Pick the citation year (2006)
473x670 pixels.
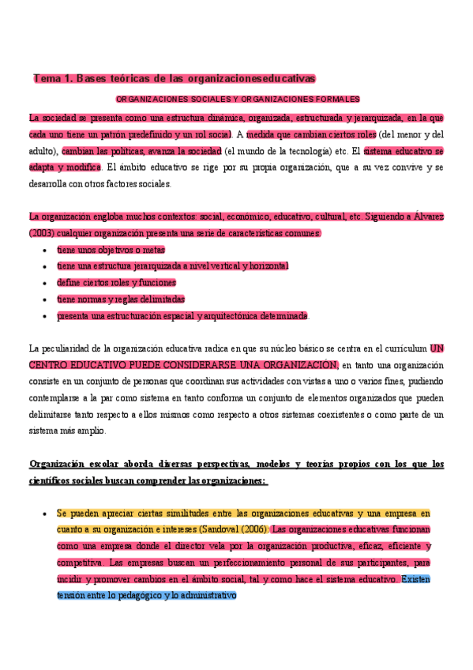point(250,529)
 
